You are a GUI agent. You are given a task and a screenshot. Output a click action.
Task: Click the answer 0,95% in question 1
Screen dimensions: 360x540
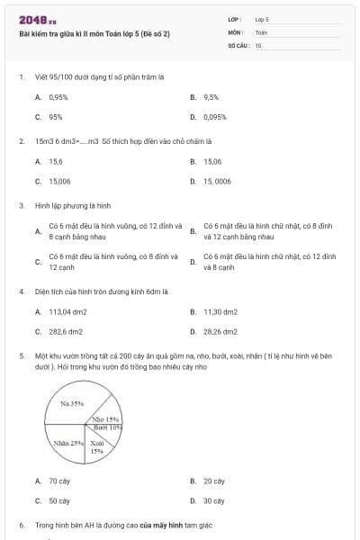tap(58, 96)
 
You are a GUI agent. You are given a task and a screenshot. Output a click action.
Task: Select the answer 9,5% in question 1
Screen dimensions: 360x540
tap(211, 96)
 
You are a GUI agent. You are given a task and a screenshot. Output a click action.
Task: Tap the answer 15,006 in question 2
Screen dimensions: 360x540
tap(59, 181)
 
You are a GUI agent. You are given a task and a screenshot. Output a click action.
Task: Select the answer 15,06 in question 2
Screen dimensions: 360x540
tap(212, 161)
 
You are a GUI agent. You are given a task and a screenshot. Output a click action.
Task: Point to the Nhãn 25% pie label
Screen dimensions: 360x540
tap(68, 443)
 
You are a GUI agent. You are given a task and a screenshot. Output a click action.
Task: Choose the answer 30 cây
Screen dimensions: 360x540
tap(213, 500)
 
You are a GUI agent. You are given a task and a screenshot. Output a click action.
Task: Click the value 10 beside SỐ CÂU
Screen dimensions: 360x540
tap(258, 43)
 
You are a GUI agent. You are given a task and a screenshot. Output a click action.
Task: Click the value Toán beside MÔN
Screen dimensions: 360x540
tap(261, 31)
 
